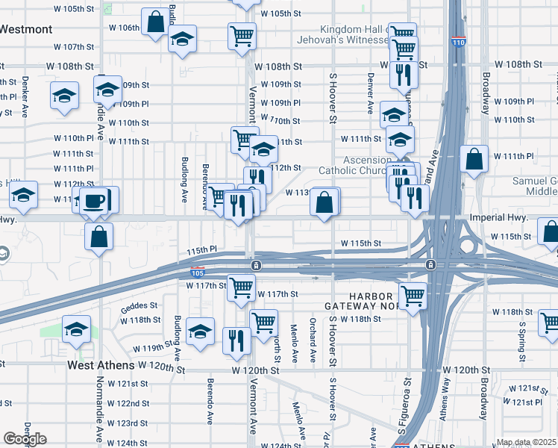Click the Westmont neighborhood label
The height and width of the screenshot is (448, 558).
(27, 29)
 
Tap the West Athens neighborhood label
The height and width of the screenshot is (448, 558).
(100, 366)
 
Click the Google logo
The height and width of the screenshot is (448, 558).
(25, 439)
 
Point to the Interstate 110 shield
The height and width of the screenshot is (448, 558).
(458, 43)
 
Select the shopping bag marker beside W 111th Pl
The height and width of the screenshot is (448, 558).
(474, 159)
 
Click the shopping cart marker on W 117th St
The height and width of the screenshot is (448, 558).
(241, 287)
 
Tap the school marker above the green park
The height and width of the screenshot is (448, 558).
(77, 329)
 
